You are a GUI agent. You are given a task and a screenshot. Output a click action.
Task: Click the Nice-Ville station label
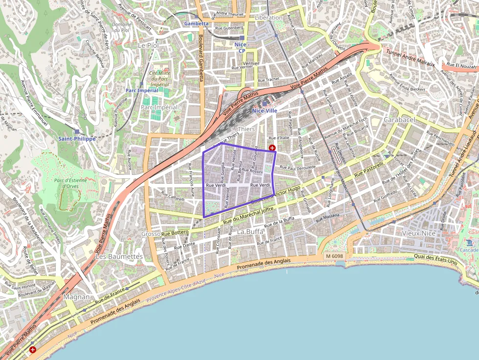click(x=265, y=111)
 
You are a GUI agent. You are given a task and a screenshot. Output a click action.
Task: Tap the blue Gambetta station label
click(x=196, y=23)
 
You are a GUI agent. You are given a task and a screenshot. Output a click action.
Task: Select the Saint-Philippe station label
click(x=77, y=139)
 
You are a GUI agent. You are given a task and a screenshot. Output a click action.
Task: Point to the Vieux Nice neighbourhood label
click(x=418, y=233)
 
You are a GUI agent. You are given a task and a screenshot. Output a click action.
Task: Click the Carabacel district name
click(x=399, y=120)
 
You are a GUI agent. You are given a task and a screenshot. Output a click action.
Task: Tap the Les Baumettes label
click(x=119, y=256)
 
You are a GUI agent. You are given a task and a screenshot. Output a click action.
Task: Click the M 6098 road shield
click(x=334, y=256)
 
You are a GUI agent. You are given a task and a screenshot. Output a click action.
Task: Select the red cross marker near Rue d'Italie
click(x=272, y=148)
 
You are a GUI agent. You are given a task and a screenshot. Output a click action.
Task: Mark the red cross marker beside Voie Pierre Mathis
click(x=32, y=349)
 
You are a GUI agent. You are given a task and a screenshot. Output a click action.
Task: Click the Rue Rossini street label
click(x=253, y=171)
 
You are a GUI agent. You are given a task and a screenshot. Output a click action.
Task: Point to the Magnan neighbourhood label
click(x=77, y=296)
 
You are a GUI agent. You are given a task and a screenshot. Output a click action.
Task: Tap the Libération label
click(x=269, y=18)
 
